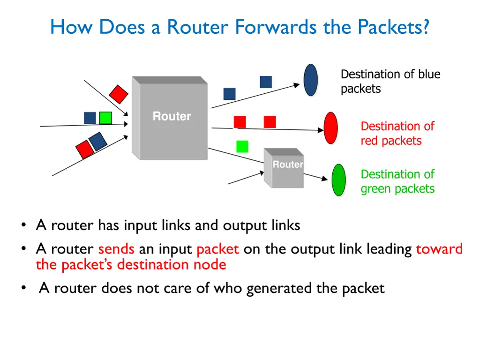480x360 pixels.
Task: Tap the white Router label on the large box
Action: (x=172, y=116)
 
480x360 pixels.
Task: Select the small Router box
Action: (x=284, y=168)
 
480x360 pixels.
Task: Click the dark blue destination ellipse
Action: (x=311, y=80)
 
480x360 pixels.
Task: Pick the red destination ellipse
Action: (x=331, y=128)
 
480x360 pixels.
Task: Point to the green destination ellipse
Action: (x=339, y=180)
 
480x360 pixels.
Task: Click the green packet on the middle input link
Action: (x=105, y=118)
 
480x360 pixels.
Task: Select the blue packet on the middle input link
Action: (x=90, y=118)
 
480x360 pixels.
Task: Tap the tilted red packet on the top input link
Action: (x=119, y=94)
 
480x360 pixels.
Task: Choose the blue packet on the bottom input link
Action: (x=97, y=142)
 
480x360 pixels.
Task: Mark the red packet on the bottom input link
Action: (x=85, y=150)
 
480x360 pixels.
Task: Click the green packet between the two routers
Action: (x=242, y=146)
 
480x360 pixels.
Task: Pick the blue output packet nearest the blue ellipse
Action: (x=266, y=82)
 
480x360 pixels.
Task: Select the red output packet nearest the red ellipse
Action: (x=270, y=122)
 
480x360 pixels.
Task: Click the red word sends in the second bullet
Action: (x=116, y=249)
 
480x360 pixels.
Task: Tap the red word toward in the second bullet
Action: (x=439, y=249)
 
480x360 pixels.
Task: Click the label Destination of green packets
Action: (x=397, y=181)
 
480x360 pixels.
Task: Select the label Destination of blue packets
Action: (x=390, y=82)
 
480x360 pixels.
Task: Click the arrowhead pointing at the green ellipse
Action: (x=325, y=179)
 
